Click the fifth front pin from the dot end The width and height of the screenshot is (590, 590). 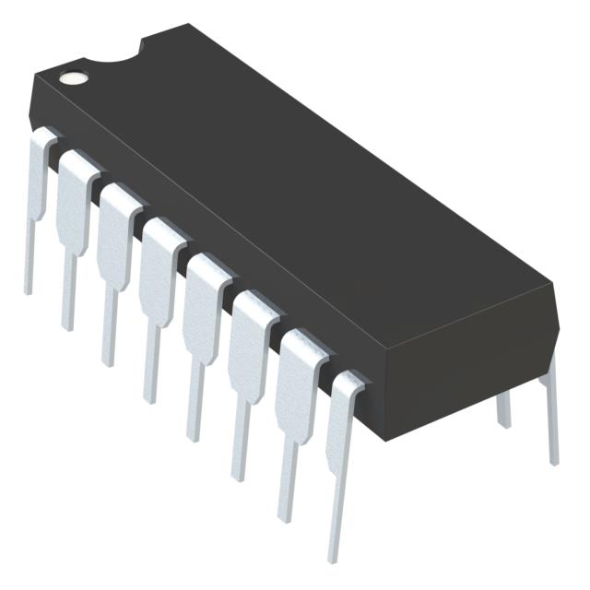201,313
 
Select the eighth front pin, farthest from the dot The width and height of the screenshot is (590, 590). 341,433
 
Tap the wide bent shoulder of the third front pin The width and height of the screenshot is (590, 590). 118,217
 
